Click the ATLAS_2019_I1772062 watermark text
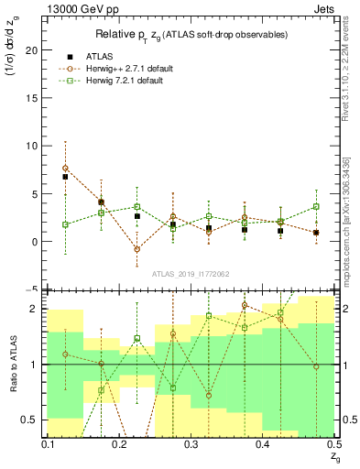pyautogui.click(x=191, y=273)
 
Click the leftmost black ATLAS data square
pyautogui.click(x=65, y=177)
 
